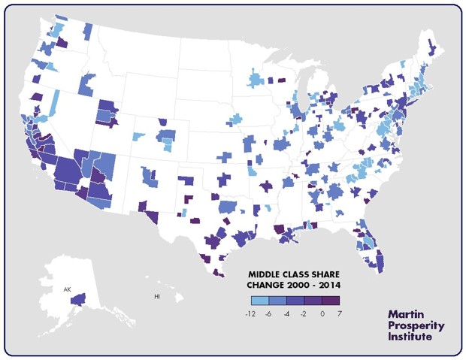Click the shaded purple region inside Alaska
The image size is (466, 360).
77,299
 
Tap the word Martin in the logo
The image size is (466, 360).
406,313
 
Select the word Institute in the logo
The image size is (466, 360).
410,337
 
